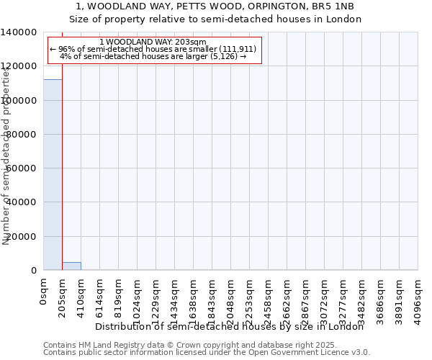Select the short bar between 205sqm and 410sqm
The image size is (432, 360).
(x=71, y=266)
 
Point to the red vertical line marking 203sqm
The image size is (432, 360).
(x=63, y=158)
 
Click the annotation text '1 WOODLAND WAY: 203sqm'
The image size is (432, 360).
(x=153, y=42)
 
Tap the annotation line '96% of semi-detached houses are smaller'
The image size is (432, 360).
(x=153, y=49)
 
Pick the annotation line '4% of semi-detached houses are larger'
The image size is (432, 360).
(x=153, y=56)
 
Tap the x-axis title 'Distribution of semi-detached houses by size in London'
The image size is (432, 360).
(x=229, y=327)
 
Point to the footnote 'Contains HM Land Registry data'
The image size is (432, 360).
(x=108, y=346)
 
